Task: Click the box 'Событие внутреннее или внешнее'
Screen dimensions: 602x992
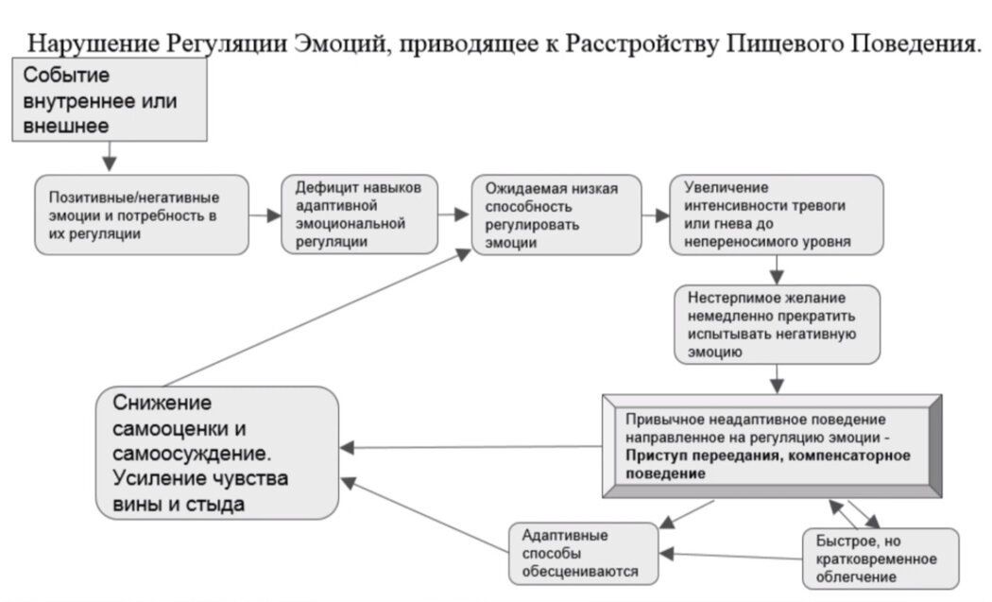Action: point(108,99)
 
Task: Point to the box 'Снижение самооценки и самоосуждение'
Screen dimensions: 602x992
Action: point(218,452)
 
